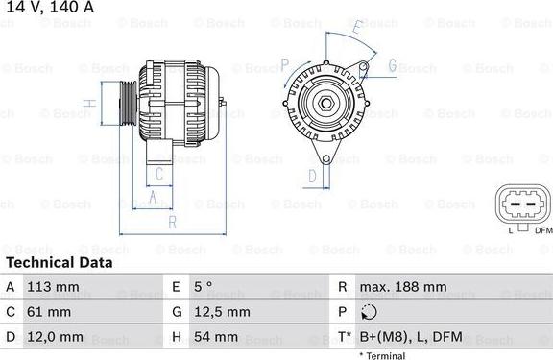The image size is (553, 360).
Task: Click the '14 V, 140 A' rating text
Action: click(x=47, y=7)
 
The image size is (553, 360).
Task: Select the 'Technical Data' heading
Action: click(x=59, y=262)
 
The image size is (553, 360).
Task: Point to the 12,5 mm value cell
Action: click(x=225, y=312)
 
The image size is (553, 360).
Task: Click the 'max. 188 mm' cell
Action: click(x=402, y=287)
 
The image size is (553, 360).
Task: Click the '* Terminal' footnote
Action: click(x=382, y=355)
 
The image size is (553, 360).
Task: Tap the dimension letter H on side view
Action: click(x=87, y=103)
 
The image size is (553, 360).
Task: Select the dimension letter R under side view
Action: click(x=171, y=223)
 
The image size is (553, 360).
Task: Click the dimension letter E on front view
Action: click(x=356, y=30)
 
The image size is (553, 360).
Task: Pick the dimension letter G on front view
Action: click(x=392, y=65)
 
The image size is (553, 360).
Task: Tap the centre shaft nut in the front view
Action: click(x=325, y=104)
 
